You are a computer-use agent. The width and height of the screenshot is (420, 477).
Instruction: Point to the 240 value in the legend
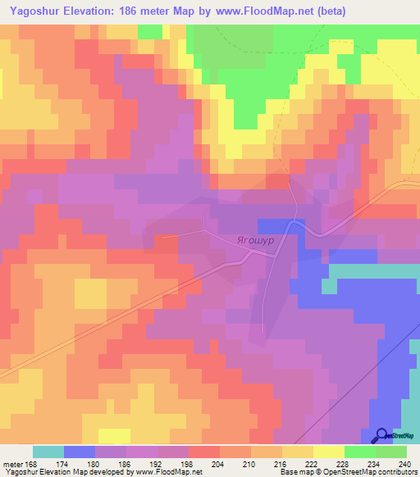click(404, 463)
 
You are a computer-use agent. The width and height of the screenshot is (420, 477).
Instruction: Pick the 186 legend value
click(126, 463)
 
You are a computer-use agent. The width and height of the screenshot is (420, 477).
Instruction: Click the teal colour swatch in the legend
click(48, 452)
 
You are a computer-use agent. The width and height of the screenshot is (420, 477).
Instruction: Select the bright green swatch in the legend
click(359, 452)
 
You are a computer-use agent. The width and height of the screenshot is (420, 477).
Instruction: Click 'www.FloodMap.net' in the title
click(255, 11)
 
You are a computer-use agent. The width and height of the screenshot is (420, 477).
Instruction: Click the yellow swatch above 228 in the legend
click(328, 452)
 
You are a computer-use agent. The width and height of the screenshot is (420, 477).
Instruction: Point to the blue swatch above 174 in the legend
click(79, 452)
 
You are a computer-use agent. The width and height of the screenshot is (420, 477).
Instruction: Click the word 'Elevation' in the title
click(95, 11)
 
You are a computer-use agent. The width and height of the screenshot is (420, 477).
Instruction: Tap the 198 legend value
click(188, 463)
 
